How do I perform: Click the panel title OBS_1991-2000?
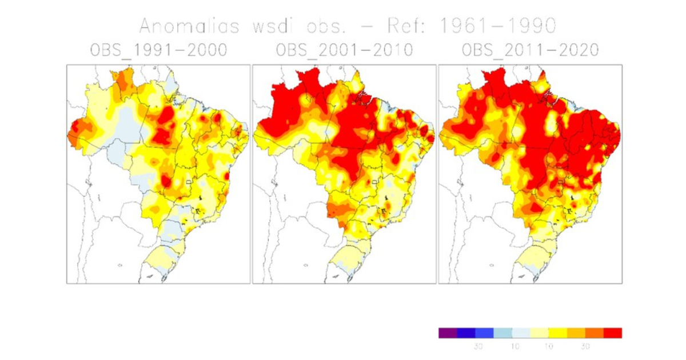coord(158,50)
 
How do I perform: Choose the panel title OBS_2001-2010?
coord(344,50)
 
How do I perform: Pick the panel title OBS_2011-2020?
coord(530,50)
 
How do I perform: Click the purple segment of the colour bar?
coord(448,333)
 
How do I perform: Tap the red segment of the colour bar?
coord(612,333)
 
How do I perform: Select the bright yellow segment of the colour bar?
coord(557,333)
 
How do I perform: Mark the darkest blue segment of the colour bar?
coord(466,333)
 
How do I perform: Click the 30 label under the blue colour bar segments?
coord(476,346)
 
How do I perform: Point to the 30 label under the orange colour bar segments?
coord(585,346)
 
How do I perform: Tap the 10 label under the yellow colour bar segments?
coord(549,346)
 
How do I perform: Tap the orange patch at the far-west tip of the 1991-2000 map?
coord(75,131)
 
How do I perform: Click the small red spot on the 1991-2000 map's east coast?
coord(228,175)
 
